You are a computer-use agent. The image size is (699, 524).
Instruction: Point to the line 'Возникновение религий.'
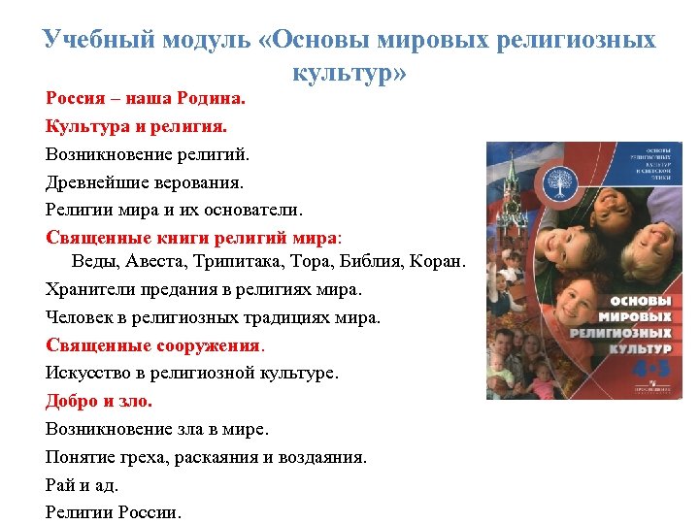pos(148,153)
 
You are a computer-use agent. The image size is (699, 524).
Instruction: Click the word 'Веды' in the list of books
pos(93,263)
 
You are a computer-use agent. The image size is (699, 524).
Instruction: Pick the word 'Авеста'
pos(154,263)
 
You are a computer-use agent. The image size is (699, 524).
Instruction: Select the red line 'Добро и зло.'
pos(99,400)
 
